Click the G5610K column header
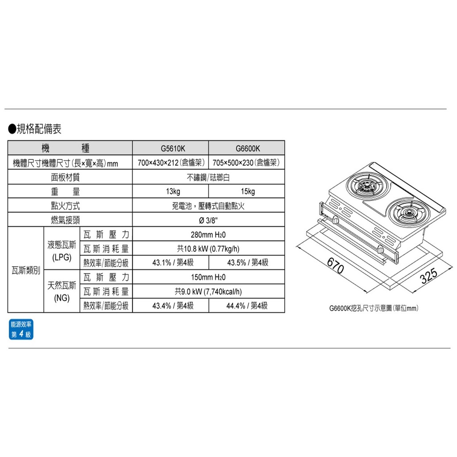pyautogui.click(x=173, y=149)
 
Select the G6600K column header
pyautogui.click(x=248, y=149)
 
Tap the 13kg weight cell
pyautogui.click(x=173, y=191)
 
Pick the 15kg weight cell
pyautogui.click(x=248, y=191)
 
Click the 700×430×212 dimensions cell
pyautogui.click(x=171, y=162)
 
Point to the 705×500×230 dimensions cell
pyautogui.click(x=246, y=162)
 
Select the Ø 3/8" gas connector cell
pyautogui.click(x=208, y=220)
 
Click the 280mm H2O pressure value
pyautogui.click(x=208, y=235)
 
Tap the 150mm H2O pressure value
pyautogui.click(x=208, y=277)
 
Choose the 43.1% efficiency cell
pyautogui.click(x=173, y=263)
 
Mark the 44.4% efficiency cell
pyautogui.click(x=247, y=306)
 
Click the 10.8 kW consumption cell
pyautogui.click(x=208, y=249)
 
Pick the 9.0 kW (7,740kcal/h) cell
pyautogui.click(x=208, y=291)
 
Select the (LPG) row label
pyautogui.click(x=62, y=258)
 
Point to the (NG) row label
pyautogui.click(x=62, y=298)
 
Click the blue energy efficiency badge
pyautogui.click(x=21, y=329)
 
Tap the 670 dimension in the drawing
pyautogui.click(x=336, y=266)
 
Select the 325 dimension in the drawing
pyautogui.click(x=429, y=275)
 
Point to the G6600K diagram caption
pyautogui.click(x=374, y=308)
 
